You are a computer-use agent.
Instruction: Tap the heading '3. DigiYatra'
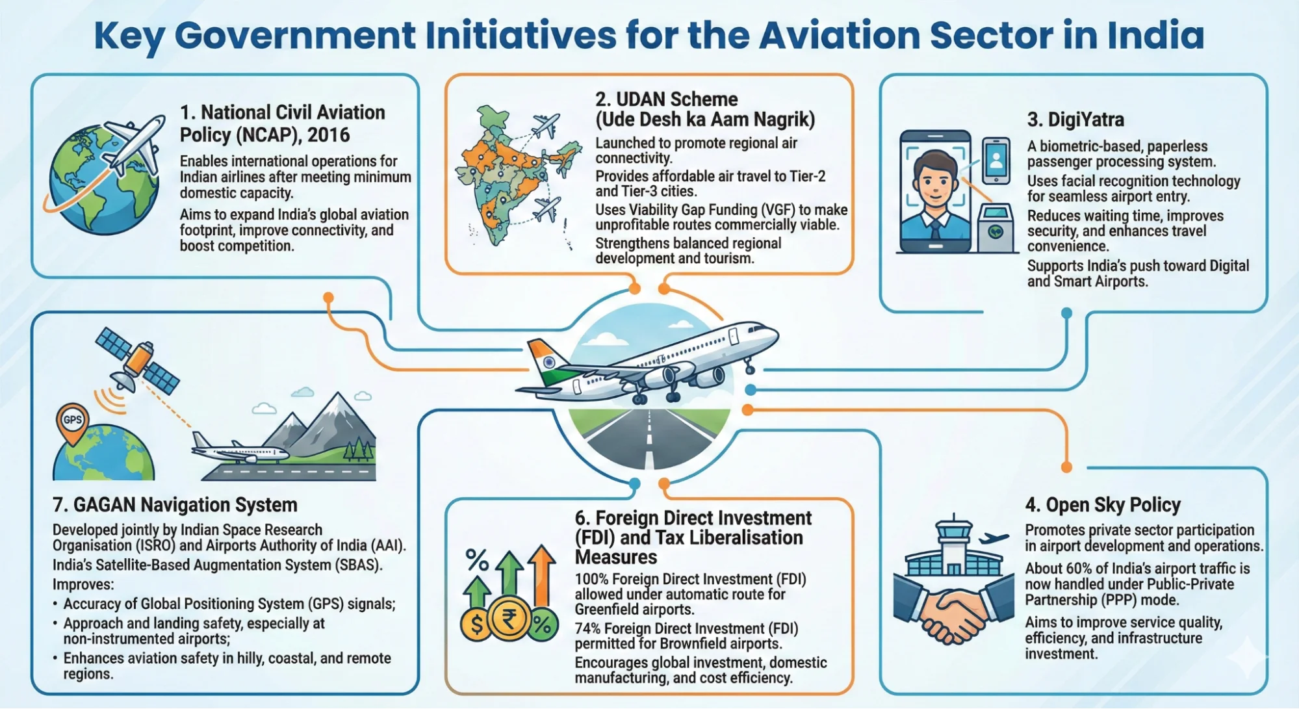[1075, 120]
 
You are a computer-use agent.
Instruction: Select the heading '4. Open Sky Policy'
[1103, 505]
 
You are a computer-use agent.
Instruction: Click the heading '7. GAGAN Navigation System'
[175, 505]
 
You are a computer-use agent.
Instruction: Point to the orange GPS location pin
[72, 422]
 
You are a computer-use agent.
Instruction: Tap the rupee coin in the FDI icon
[509, 619]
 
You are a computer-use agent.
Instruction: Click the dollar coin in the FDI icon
[476, 625]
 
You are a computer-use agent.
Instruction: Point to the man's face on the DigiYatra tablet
[935, 179]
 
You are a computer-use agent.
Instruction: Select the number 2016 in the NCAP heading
[328, 135]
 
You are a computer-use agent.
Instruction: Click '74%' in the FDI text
[589, 629]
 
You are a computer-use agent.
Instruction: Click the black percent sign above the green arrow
[477, 560]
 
